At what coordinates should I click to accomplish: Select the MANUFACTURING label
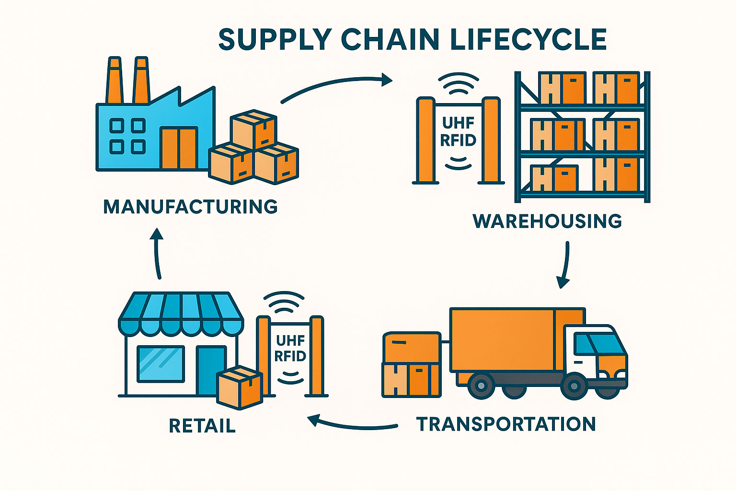click(191, 207)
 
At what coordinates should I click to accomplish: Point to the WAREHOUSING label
click(547, 221)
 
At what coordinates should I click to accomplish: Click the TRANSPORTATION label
click(506, 424)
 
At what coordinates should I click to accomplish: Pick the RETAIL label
click(202, 426)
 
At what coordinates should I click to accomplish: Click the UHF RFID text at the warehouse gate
click(458, 131)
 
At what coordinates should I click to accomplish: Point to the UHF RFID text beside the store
click(290, 349)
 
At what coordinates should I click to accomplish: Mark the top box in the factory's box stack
click(253, 129)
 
